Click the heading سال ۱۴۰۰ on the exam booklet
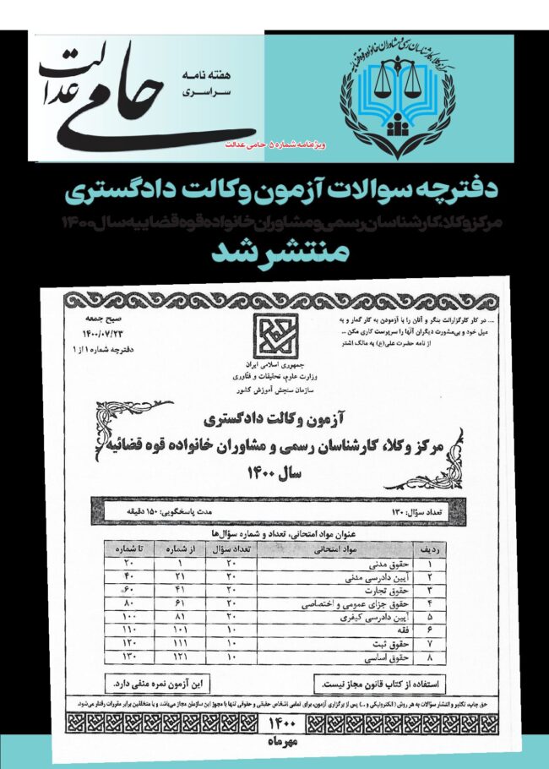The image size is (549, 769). click(276, 476)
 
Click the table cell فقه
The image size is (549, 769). click(398, 630)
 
